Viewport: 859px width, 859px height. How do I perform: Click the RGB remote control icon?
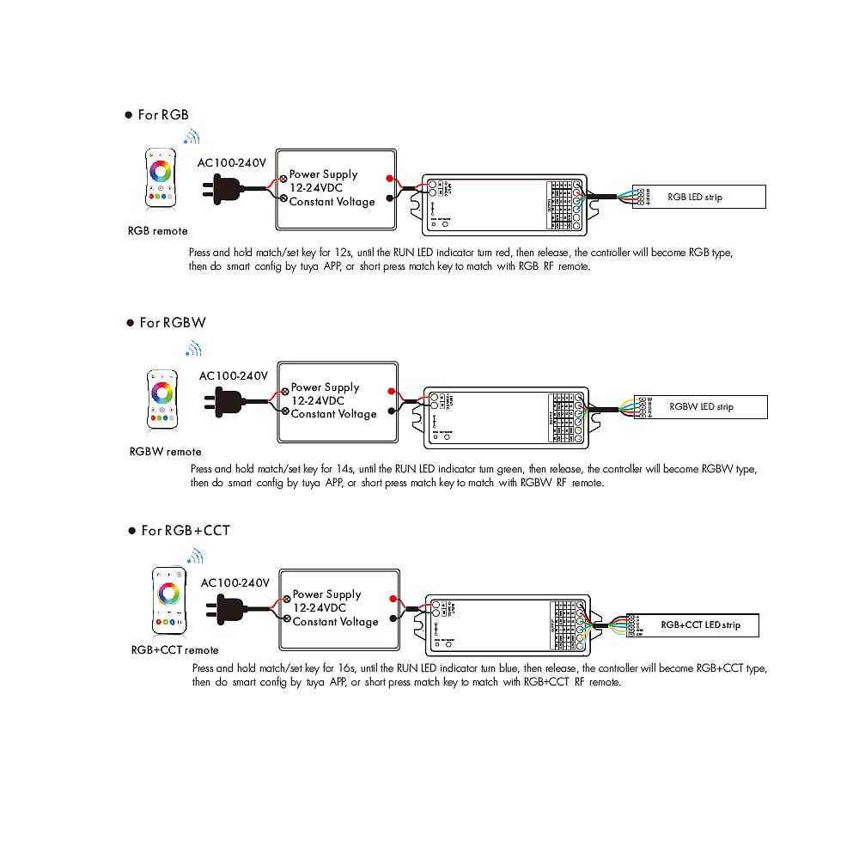click(x=160, y=178)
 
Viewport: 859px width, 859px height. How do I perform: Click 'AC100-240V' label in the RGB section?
click(x=232, y=161)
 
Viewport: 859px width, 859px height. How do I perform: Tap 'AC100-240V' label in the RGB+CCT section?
click(x=235, y=582)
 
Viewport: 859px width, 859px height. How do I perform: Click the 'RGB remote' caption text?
click(x=157, y=231)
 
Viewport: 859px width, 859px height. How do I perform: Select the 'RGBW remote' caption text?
click(x=165, y=452)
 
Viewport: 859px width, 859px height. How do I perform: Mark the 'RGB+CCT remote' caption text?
click(x=174, y=650)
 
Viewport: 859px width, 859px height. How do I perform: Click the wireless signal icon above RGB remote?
click(x=192, y=137)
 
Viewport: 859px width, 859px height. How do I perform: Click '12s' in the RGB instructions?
click(x=343, y=253)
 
